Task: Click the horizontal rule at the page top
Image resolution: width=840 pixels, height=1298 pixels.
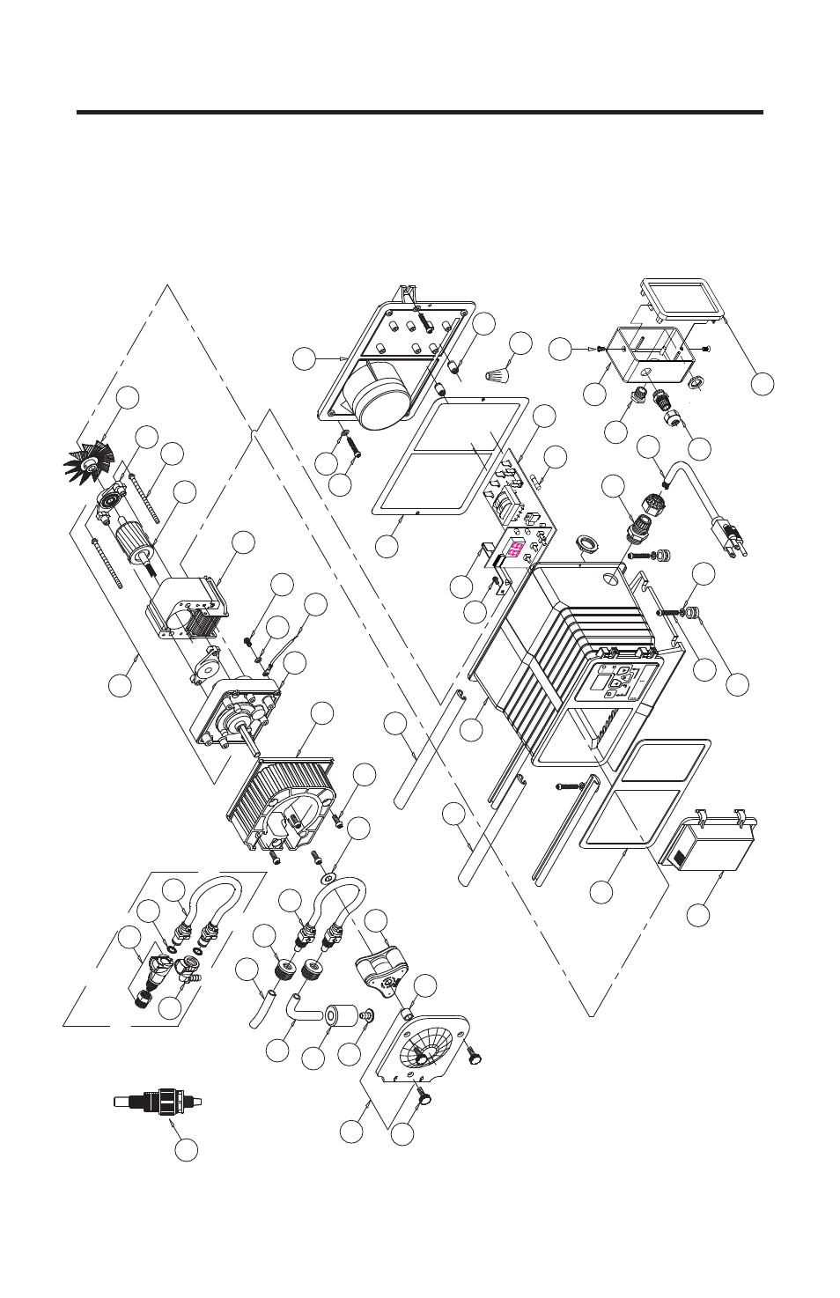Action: (420, 113)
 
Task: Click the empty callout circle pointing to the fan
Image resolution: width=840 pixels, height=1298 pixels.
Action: (129, 397)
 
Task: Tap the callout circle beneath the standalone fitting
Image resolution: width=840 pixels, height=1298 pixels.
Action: (186, 1148)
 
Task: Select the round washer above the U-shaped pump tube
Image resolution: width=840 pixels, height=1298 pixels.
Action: (328, 878)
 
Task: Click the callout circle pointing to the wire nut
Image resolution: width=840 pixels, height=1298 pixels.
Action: (521, 343)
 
